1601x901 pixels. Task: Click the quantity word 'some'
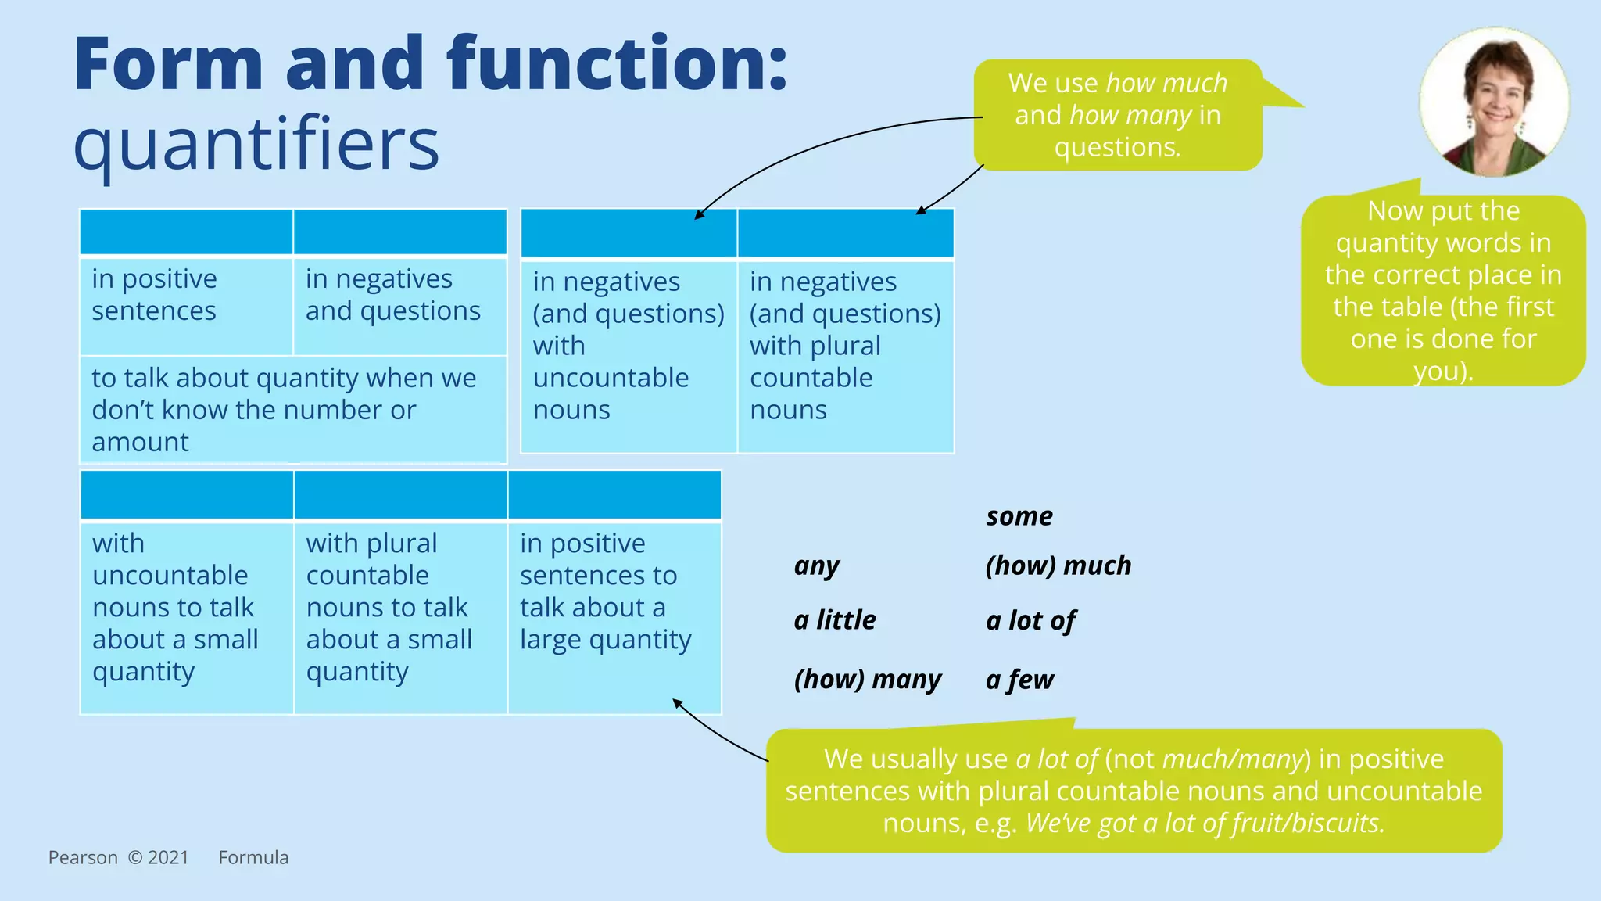pos(1019,516)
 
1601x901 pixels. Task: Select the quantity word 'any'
pos(816,565)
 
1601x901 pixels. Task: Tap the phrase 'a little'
pos(834,620)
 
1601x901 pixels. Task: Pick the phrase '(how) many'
pos(867,679)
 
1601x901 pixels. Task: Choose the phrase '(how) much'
pos(1058,565)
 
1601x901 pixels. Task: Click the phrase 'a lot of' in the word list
pos(1030,621)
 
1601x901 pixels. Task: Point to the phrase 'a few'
pos(1019,680)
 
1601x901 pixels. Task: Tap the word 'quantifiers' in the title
pos(256,145)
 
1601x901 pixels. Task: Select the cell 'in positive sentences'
pos(186,305)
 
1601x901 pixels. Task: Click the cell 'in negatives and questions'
pos(399,305)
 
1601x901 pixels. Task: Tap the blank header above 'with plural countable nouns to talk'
pos(400,495)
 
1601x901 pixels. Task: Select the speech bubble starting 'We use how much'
pos(1117,115)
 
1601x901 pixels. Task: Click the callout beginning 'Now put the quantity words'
pos(1442,290)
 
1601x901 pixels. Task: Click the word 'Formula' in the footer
pos(253,858)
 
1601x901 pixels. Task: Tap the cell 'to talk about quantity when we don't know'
pos(292,410)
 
